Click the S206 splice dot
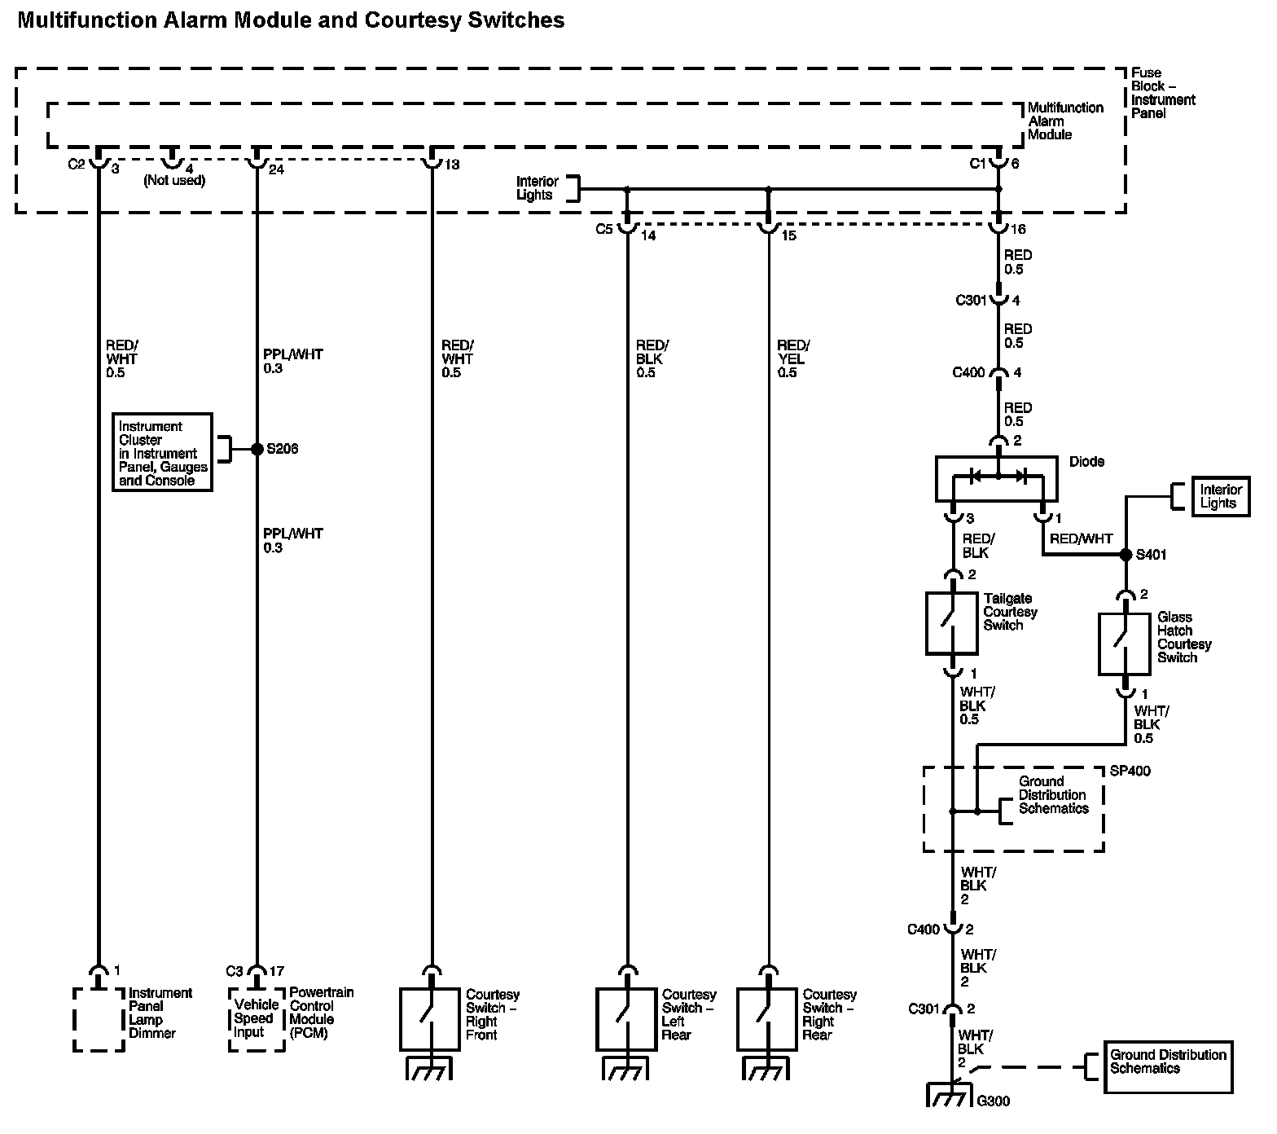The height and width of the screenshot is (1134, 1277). (x=257, y=449)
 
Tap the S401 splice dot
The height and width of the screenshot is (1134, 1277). (x=1125, y=555)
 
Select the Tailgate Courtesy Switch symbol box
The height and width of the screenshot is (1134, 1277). (x=952, y=623)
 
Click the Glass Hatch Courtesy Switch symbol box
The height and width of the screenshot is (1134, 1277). (x=1125, y=644)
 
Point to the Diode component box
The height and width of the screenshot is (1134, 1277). (x=997, y=478)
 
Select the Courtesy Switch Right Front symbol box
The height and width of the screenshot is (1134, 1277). (x=430, y=1019)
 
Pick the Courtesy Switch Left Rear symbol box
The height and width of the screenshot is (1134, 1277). (x=626, y=1019)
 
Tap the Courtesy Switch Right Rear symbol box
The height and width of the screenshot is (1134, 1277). (x=767, y=1019)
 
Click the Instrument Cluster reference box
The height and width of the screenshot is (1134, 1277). (x=162, y=452)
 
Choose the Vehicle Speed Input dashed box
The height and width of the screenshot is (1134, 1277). (x=256, y=1018)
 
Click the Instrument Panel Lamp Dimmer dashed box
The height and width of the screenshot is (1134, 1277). (x=99, y=1020)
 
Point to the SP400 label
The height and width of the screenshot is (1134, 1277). (x=1130, y=771)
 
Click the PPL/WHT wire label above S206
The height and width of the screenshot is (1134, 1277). (x=292, y=361)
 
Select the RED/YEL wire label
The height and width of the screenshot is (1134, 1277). (x=792, y=358)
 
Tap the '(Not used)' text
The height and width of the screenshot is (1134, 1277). (x=174, y=181)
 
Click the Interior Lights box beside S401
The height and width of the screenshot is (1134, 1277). (x=1220, y=496)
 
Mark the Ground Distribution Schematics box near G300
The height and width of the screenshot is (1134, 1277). (x=1167, y=1066)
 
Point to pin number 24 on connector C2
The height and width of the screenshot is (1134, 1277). (x=277, y=169)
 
